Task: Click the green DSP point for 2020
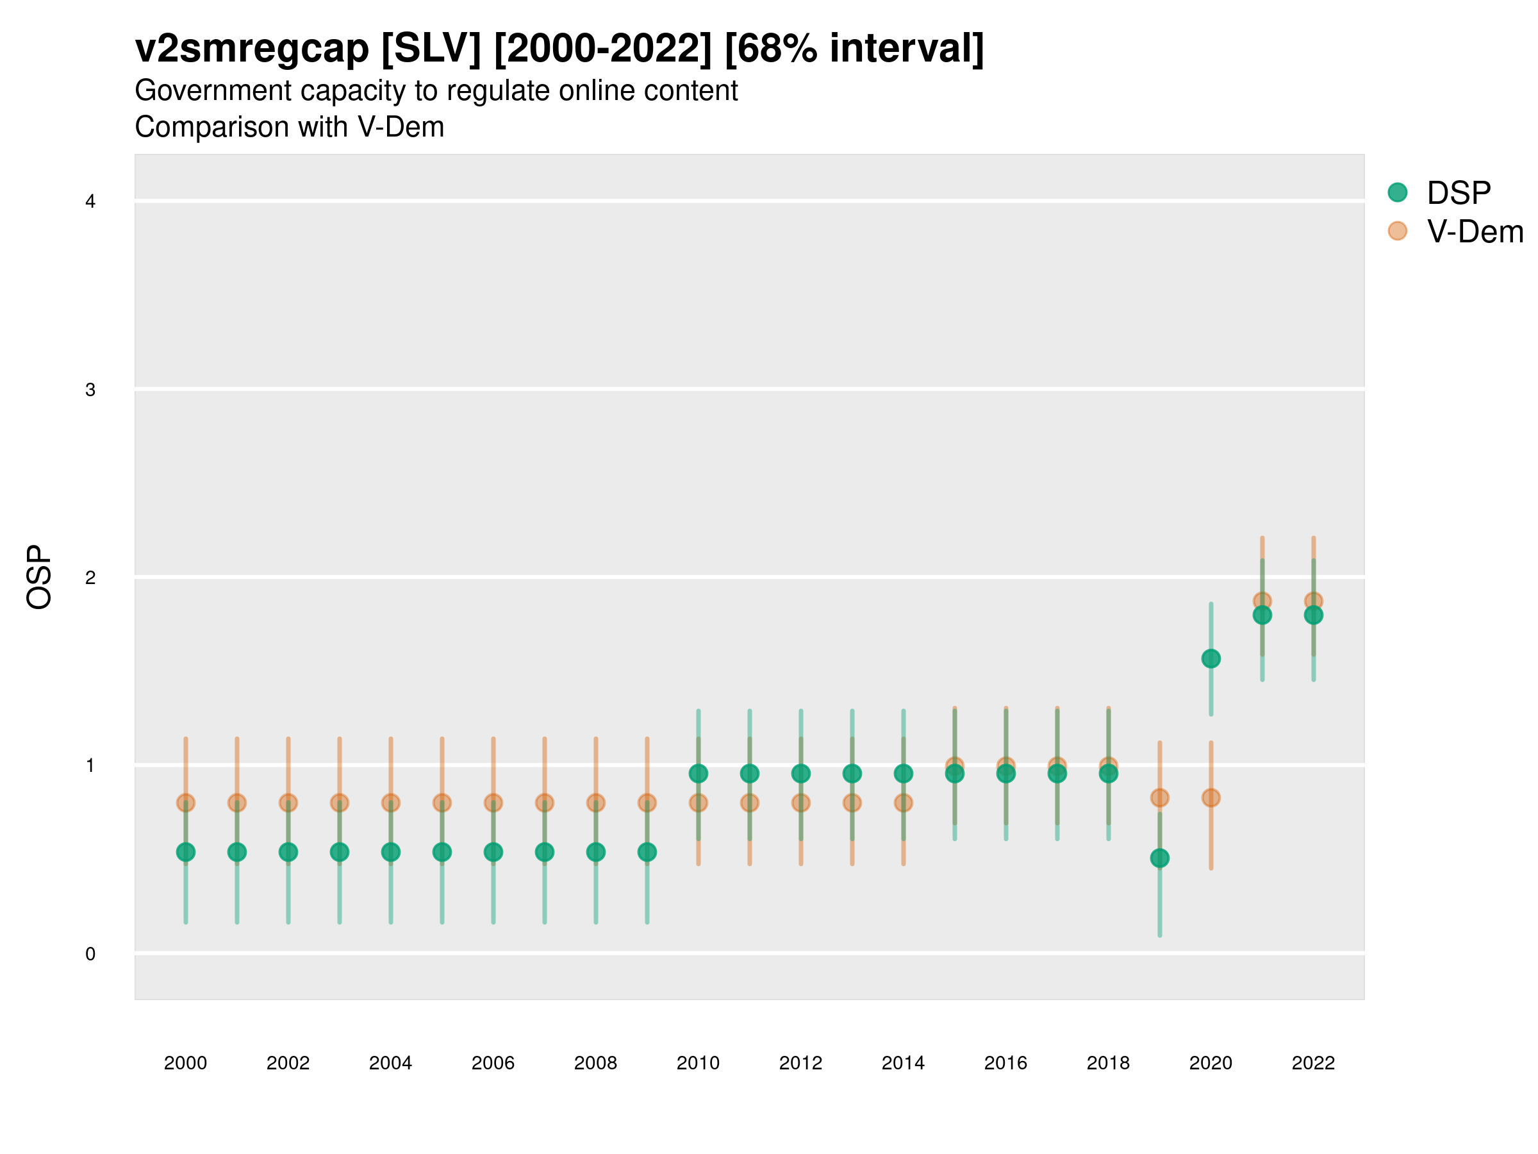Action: (1211, 658)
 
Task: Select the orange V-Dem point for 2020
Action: (1211, 798)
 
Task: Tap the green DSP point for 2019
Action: (1160, 858)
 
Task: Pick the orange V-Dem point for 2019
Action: (1160, 798)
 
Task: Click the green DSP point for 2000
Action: (186, 852)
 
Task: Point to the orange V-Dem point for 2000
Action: (186, 803)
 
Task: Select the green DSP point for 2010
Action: (698, 774)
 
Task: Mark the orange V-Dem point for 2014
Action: (903, 803)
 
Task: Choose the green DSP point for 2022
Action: (1314, 615)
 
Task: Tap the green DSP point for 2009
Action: (647, 852)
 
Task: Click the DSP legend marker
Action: (1398, 193)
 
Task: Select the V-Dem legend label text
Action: (1475, 231)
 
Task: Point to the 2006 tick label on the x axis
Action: (493, 1063)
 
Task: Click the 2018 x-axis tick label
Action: (1108, 1063)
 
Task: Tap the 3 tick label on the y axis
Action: (90, 390)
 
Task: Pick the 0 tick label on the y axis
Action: (90, 954)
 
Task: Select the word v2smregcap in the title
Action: (252, 49)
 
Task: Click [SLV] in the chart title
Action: (431, 49)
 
